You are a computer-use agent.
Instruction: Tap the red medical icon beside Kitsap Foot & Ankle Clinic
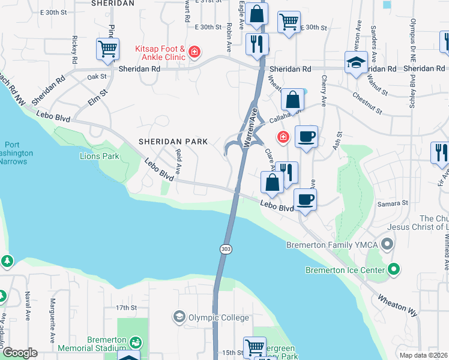(x=194, y=53)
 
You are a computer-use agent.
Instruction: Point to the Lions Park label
(x=100, y=157)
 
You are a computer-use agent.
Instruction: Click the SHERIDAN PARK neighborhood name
(x=173, y=142)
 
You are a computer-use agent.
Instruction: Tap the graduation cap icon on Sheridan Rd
(x=356, y=61)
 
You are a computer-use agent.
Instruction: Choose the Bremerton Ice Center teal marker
(x=394, y=269)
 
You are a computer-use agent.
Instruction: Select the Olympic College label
(x=218, y=317)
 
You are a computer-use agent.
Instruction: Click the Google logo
(x=19, y=353)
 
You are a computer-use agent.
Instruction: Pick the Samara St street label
(x=393, y=203)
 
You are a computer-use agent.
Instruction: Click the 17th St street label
(x=127, y=307)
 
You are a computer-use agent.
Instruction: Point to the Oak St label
(x=96, y=77)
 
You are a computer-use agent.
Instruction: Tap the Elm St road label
(x=98, y=97)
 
